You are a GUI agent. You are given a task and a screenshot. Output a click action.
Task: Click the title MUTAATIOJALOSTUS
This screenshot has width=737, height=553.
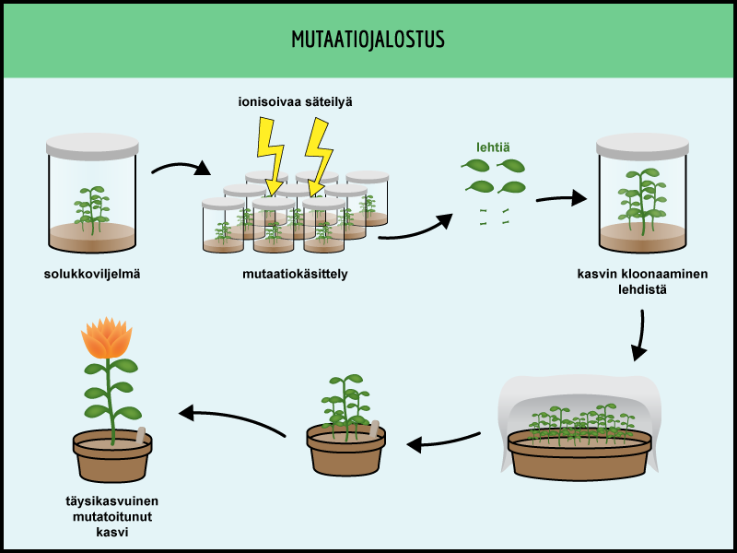point(368,40)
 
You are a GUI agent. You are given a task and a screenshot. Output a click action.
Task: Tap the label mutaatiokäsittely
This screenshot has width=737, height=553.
point(295,274)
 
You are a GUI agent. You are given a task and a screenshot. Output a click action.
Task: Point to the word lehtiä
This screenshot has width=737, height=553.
point(494,146)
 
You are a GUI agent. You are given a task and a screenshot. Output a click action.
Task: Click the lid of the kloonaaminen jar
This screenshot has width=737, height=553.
point(642,144)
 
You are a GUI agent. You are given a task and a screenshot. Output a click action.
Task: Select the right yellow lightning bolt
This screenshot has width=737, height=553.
point(319,157)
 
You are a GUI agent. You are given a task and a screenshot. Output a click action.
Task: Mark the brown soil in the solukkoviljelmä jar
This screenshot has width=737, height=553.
point(92,236)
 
